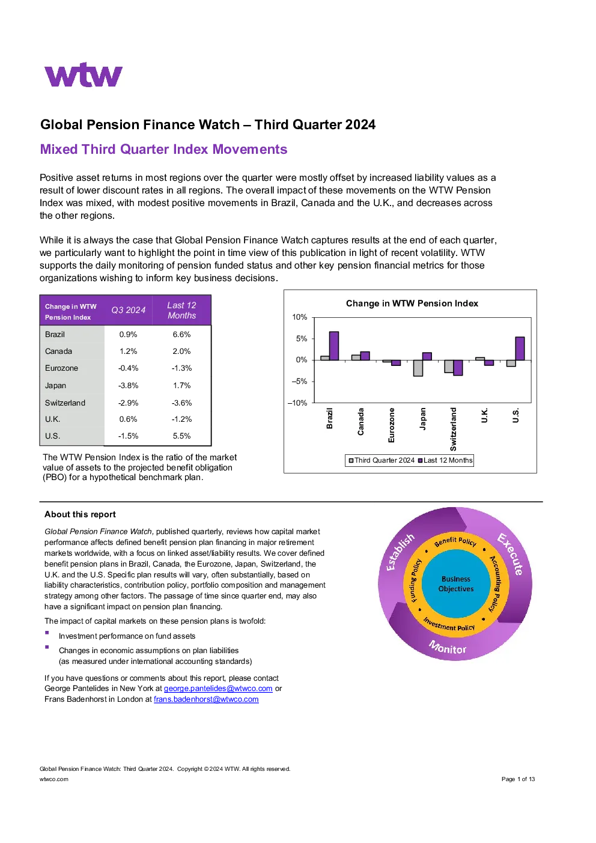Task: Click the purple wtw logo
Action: (83, 75)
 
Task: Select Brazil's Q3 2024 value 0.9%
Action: (129, 334)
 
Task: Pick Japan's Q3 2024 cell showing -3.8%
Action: (129, 385)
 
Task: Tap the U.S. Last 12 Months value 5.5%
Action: (181, 436)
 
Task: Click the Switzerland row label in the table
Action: (65, 403)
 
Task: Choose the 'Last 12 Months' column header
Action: (181, 310)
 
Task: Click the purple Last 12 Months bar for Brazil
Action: (333, 346)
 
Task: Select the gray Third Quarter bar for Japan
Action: (418, 368)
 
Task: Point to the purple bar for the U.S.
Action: (520, 348)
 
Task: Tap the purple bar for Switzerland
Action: (458, 368)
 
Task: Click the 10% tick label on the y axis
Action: (300, 317)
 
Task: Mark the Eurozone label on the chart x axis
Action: (391, 425)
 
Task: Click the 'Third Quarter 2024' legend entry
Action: (382, 460)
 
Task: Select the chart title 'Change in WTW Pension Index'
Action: (412, 303)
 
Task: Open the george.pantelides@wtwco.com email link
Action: (218, 689)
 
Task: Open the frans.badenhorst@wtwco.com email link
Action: (206, 699)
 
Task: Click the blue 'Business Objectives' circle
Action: (455, 583)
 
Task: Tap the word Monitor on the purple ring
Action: (448, 647)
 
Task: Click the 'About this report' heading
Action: (80, 514)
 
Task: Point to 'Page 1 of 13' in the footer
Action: (518, 779)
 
